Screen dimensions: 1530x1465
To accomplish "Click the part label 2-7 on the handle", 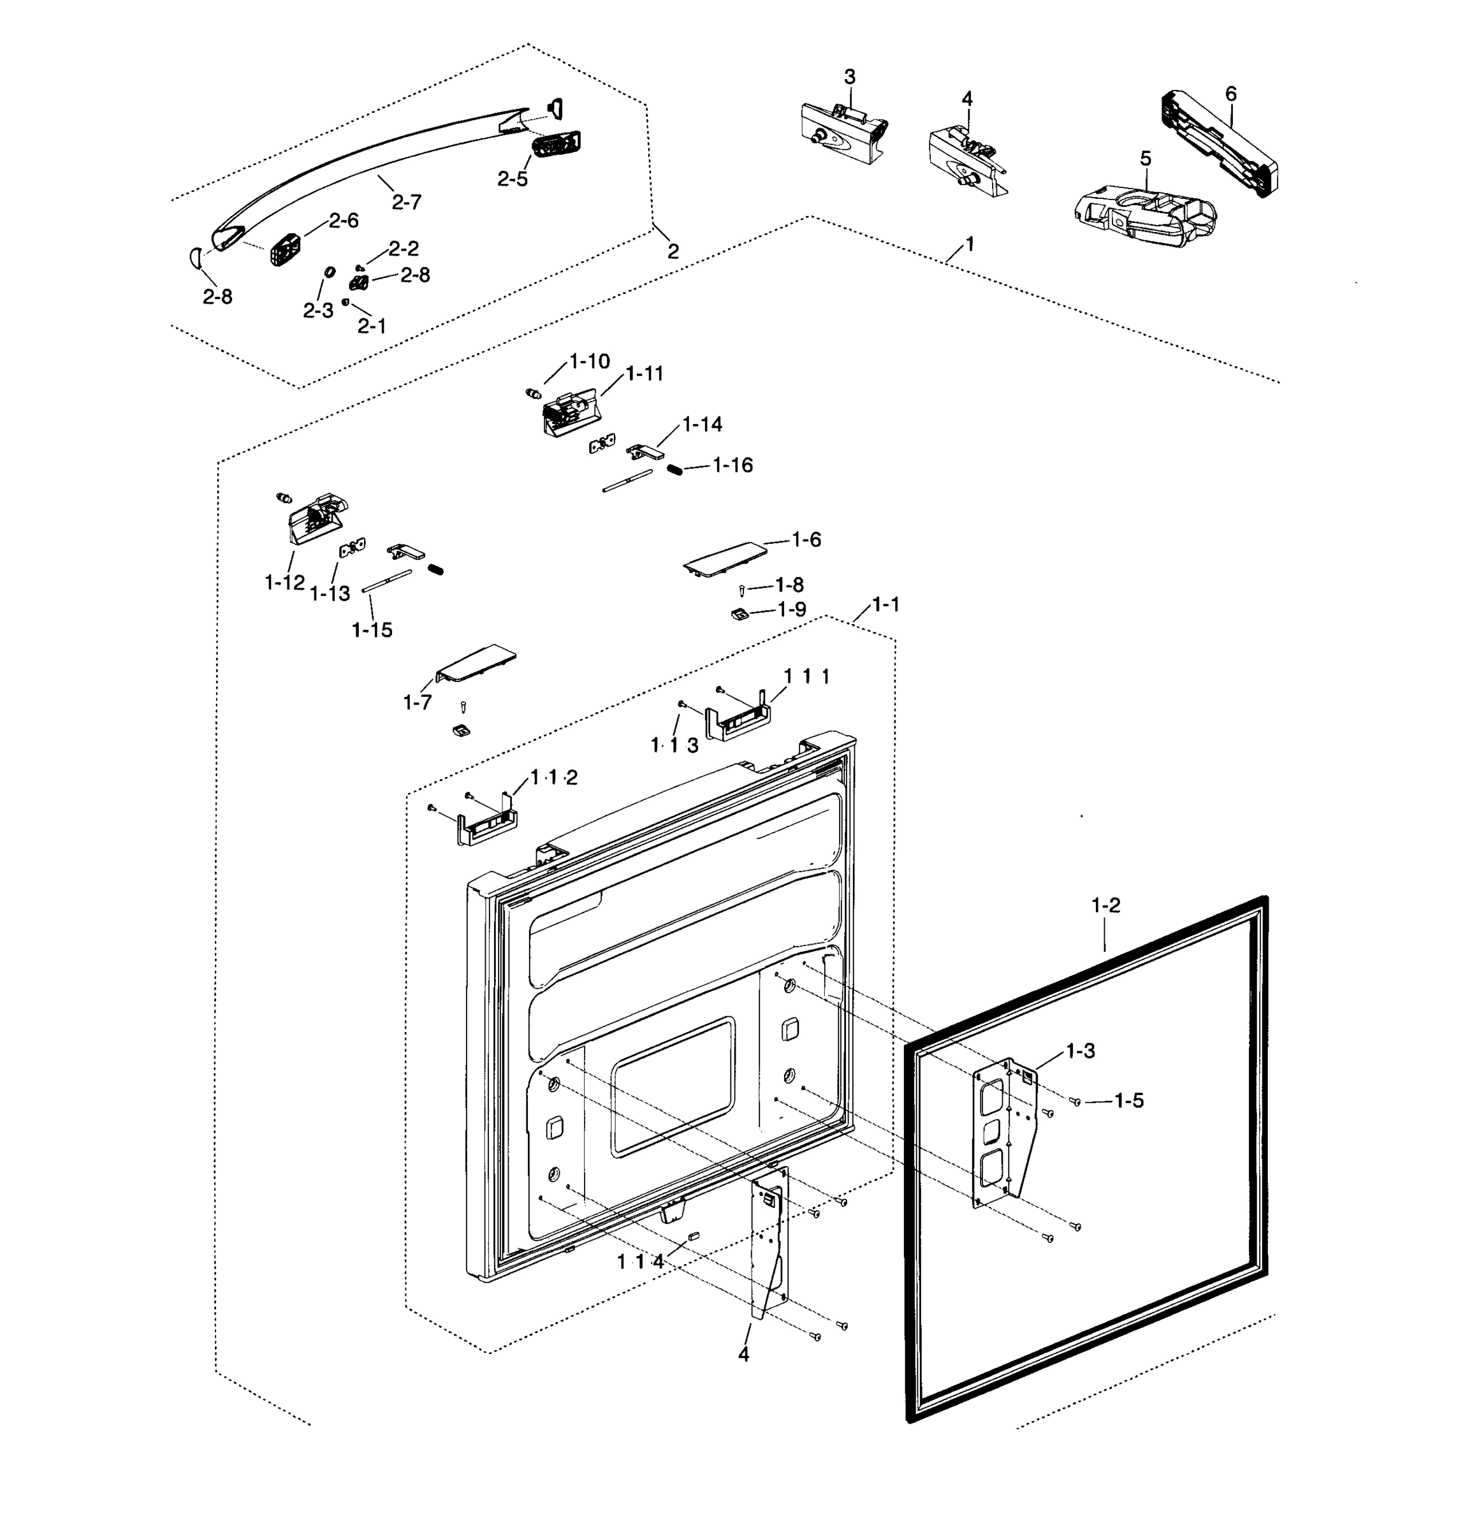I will (406, 202).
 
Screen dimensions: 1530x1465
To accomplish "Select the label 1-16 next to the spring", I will (732, 465).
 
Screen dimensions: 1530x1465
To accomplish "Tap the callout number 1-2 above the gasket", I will (1105, 905).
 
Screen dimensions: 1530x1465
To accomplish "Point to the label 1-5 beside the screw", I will (1128, 1101).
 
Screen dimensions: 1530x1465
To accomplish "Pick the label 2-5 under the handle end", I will (512, 178).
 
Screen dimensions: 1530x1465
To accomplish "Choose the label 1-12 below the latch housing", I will (284, 582).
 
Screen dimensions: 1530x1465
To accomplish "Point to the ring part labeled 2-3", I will (330, 272).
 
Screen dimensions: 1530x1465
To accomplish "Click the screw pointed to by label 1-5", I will (1075, 1102).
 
